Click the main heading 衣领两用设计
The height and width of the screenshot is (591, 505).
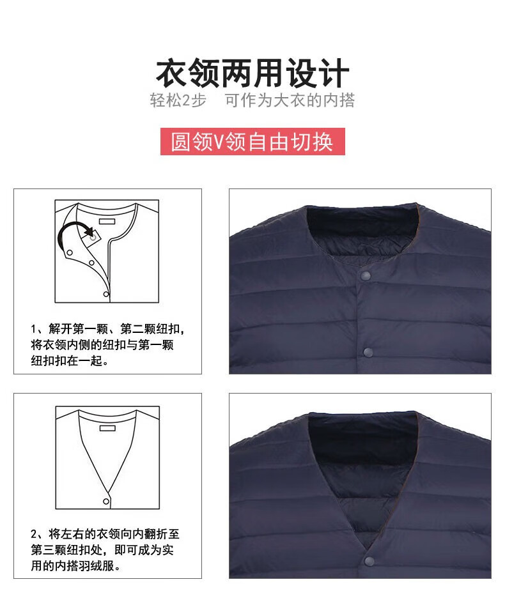coord(252,73)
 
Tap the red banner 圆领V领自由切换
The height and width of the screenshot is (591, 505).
coord(252,141)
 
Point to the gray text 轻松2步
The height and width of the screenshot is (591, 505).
coord(178,100)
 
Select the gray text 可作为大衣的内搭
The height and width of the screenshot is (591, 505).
coord(290,100)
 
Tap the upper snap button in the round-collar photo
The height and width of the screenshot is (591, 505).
coord(366,276)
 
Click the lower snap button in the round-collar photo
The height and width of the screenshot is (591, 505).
coord(368,353)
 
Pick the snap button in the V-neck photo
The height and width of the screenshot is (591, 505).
coord(369,561)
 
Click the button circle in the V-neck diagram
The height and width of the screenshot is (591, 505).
coord(106,502)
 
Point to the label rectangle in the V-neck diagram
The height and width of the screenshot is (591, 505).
coord(107,428)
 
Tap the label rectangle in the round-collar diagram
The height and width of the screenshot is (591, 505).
coord(107,221)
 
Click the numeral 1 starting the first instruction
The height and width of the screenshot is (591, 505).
coord(33,329)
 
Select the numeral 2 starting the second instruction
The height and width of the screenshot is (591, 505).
coord(34,534)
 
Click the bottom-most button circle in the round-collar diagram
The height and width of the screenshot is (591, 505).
coord(106,294)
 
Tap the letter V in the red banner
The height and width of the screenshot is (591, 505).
coord(219,142)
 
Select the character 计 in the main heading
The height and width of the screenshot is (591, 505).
coord(334,73)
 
